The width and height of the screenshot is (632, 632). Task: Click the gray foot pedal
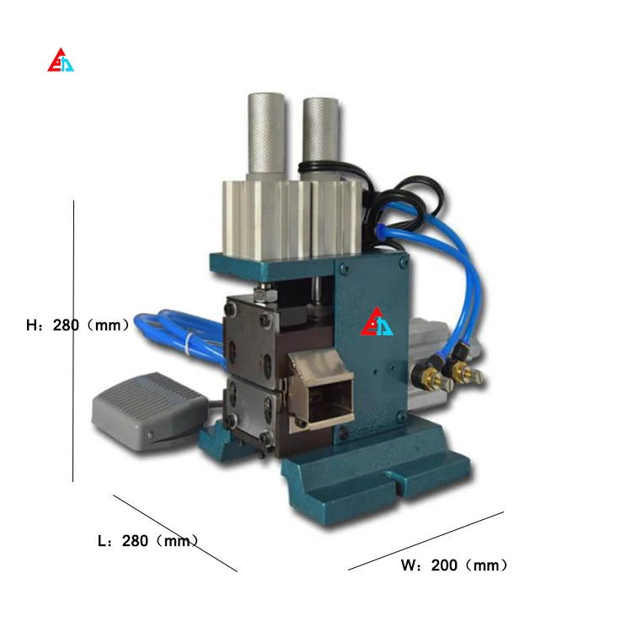[150, 408]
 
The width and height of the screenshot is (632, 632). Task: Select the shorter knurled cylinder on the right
[321, 138]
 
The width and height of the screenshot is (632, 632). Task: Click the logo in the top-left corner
[61, 60]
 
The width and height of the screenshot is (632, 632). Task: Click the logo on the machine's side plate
[377, 322]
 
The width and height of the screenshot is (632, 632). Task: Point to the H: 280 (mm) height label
[78, 325]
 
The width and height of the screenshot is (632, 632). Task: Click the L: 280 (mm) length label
[148, 541]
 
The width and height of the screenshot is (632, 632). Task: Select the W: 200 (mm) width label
[454, 565]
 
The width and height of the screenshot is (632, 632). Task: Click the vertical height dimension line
[73, 341]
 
